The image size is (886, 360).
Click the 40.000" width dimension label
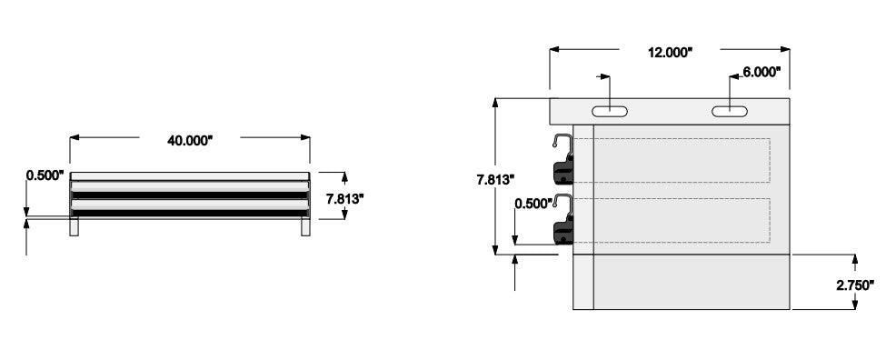[189, 141]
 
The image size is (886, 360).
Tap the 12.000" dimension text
[670, 53]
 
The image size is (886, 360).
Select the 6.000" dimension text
[762, 72]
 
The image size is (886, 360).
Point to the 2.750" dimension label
[855, 285]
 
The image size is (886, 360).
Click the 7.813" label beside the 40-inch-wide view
[344, 198]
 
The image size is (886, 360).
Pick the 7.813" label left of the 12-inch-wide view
[495, 180]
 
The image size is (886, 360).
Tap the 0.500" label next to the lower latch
[533, 204]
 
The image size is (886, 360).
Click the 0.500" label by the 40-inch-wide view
[45, 175]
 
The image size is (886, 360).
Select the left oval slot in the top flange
[610, 111]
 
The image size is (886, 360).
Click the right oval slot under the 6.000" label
[730, 111]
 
